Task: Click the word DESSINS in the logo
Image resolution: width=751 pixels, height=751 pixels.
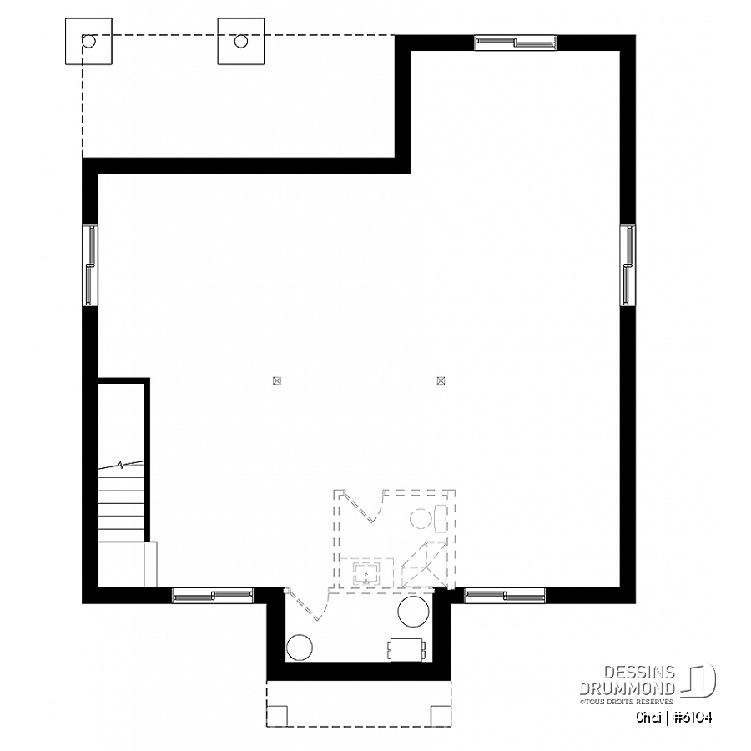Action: click(x=639, y=673)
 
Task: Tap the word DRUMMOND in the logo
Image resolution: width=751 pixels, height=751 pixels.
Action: click(x=628, y=688)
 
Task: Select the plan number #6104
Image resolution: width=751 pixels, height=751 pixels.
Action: click(x=693, y=718)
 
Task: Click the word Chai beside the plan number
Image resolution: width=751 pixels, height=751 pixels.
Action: click(x=648, y=718)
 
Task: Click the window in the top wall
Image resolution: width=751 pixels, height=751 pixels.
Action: click(x=516, y=43)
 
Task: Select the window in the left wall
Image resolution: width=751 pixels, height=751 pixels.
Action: click(x=90, y=265)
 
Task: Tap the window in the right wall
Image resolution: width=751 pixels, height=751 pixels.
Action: click(x=628, y=265)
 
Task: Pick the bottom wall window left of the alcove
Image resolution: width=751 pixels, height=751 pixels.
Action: click(x=213, y=595)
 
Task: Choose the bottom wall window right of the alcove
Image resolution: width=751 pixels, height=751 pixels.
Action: click(x=506, y=595)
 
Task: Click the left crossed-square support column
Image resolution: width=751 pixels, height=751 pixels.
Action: click(x=276, y=381)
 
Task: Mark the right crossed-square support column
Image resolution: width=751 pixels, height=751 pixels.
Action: click(x=441, y=381)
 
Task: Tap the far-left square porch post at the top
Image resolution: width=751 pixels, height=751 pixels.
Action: click(x=88, y=41)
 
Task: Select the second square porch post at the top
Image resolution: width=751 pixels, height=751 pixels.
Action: click(x=241, y=41)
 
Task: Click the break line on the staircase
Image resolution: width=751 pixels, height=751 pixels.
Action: click(x=121, y=465)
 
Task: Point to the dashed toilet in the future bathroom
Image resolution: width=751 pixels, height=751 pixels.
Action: click(x=429, y=517)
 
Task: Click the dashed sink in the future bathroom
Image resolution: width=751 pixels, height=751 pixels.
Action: click(x=367, y=572)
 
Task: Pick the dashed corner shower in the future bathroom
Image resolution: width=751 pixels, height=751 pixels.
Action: click(x=423, y=565)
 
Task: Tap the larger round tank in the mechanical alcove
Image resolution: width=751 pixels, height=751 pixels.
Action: click(x=413, y=612)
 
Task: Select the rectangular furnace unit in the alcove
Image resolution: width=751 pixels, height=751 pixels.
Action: click(x=408, y=649)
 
